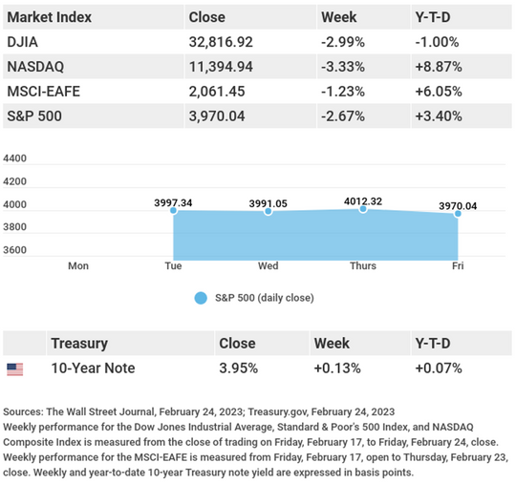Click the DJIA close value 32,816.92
point(221,42)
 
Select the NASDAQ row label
point(35,67)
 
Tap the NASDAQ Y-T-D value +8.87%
point(439,67)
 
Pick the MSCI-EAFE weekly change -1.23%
point(343,92)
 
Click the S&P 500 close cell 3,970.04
point(217,116)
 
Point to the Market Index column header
point(50,17)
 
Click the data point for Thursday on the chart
point(363,209)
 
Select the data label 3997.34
point(173,202)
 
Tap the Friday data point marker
point(458,214)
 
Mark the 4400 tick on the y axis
point(14,158)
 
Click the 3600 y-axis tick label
point(14,250)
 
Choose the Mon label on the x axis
point(78,265)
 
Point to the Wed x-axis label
point(269,265)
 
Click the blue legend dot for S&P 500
point(201,298)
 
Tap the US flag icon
point(15,369)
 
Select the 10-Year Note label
point(93,368)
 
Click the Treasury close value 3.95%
point(239,368)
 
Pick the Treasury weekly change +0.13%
point(337,368)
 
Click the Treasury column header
point(79,344)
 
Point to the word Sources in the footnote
point(23,411)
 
